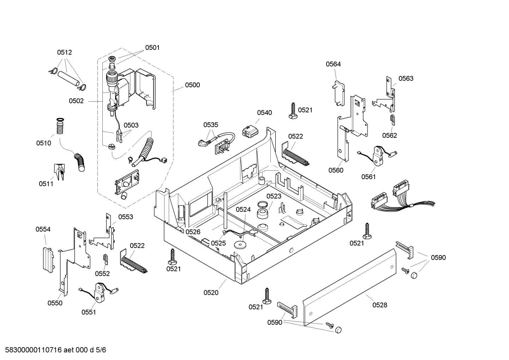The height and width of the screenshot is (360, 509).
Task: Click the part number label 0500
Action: click(x=192, y=85)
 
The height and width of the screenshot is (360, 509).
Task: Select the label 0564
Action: click(x=333, y=64)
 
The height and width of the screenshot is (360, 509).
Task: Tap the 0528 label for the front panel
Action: click(x=379, y=305)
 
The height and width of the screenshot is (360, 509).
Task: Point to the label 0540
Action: click(x=264, y=113)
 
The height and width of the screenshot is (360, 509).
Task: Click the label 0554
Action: click(x=43, y=229)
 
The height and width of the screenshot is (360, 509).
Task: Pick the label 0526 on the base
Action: click(x=193, y=232)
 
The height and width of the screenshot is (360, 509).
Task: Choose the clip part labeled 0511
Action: click(x=59, y=172)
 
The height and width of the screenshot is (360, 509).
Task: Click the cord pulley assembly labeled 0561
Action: click(x=378, y=156)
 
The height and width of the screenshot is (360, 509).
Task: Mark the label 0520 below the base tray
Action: click(x=211, y=292)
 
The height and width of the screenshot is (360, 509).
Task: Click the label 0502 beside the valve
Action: click(x=76, y=101)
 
